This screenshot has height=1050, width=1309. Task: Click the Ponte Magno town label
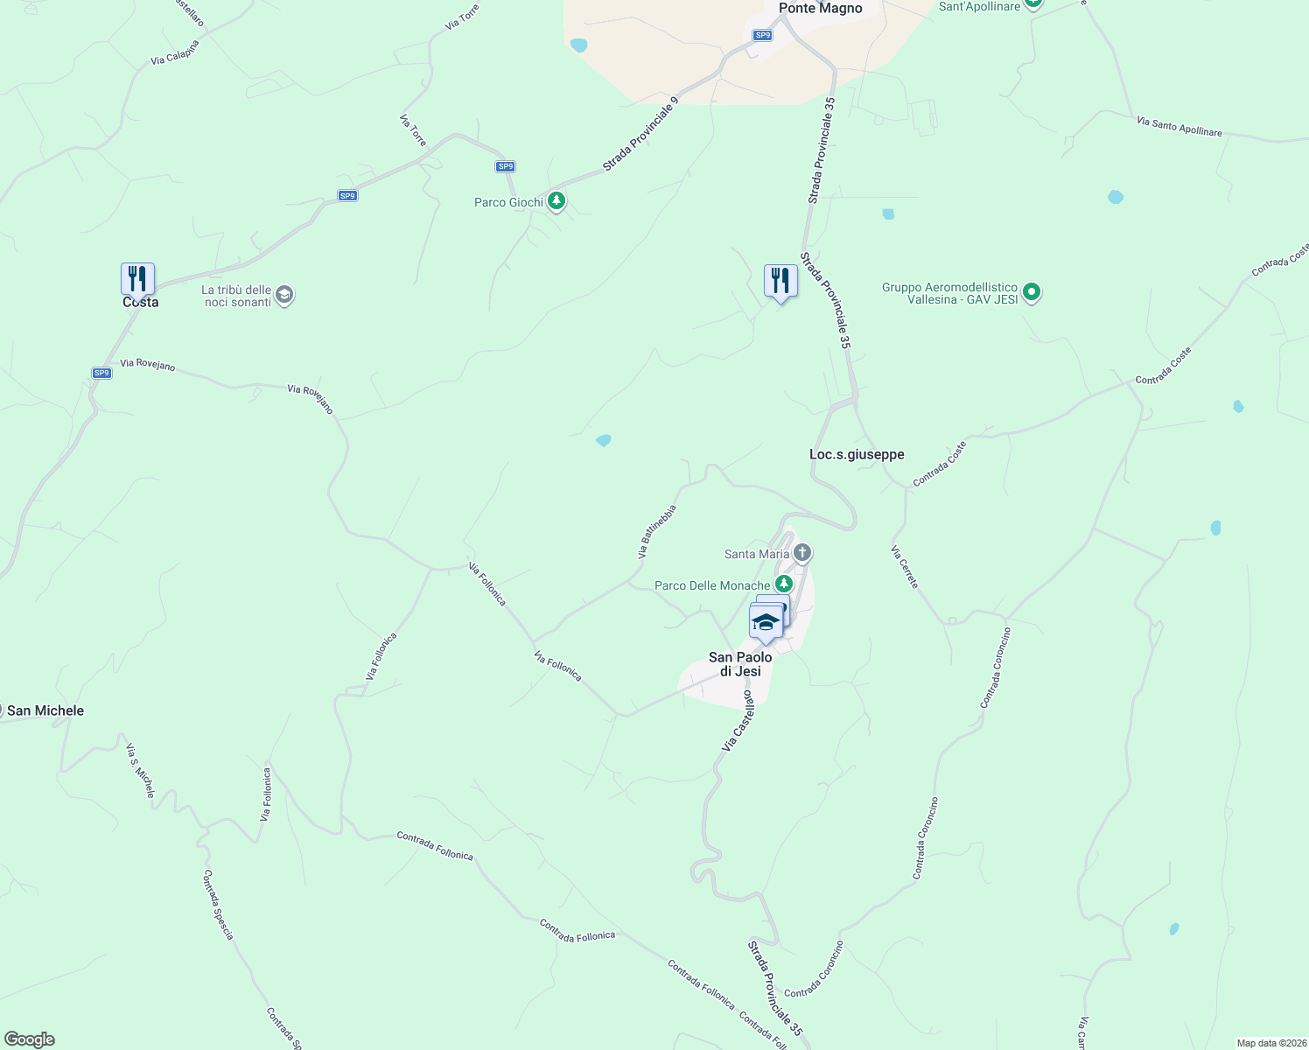click(x=820, y=9)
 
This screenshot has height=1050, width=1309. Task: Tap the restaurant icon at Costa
click(x=137, y=279)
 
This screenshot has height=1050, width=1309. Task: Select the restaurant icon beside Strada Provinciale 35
click(x=780, y=281)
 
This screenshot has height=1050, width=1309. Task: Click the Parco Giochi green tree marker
click(x=556, y=201)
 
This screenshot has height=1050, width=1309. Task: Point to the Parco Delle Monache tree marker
click(x=783, y=584)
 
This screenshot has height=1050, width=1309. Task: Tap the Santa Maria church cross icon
click(x=802, y=553)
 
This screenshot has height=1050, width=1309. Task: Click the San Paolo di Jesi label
click(x=740, y=664)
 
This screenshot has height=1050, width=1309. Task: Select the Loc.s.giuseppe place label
click(x=857, y=454)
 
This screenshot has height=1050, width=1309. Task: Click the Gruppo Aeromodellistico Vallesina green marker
click(x=1032, y=292)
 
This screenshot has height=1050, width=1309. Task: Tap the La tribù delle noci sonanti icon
click(x=283, y=295)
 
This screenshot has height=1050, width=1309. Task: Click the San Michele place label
click(x=45, y=710)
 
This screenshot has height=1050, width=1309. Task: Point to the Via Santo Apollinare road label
click(x=1179, y=126)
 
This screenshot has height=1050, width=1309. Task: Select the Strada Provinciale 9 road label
click(x=640, y=135)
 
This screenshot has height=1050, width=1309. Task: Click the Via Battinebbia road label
click(x=657, y=531)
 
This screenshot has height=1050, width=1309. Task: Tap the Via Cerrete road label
click(x=905, y=567)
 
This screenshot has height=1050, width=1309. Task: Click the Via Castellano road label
click(x=738, y=720)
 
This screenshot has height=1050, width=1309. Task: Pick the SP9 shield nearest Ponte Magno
click(x=763, y=35)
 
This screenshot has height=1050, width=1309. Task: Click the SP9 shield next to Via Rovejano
click(x=101, y=373)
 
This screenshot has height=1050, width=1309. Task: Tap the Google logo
click(x=30, y=1039)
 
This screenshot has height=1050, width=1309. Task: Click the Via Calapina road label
click(x=175, y=52)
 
